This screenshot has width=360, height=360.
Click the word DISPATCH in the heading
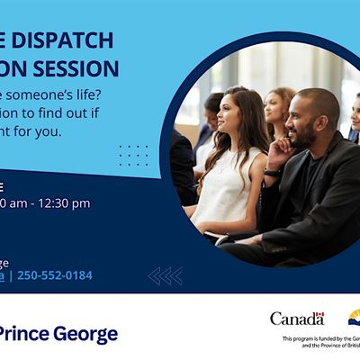[x=62, y=40]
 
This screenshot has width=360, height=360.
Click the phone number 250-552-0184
[x=55, y=275]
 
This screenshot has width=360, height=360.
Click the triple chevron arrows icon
[x=166, y=275]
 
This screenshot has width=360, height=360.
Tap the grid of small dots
[x=133, y=155]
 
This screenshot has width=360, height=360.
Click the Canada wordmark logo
[x=296, y=319]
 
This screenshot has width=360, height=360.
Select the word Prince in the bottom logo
[x=25, y=335]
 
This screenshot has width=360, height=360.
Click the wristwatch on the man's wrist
[x=272, y=171]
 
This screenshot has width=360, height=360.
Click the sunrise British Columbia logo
[x=353, y=317]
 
